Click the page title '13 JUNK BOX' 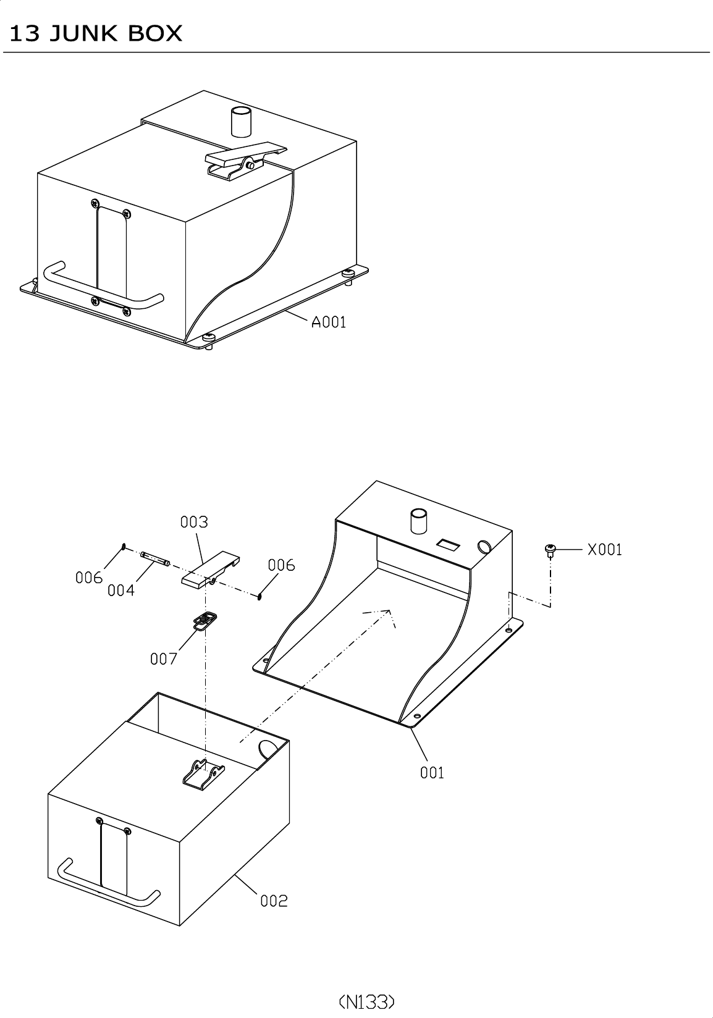96,33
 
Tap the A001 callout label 328,322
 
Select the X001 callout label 604,549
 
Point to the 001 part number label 432,772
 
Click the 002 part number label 274,901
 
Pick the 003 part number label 194,522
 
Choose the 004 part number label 120,591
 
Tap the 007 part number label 164,659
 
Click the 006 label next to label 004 89,578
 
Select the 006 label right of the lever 281,565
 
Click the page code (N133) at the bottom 366,1001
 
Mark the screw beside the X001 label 550,549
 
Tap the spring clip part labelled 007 205,620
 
